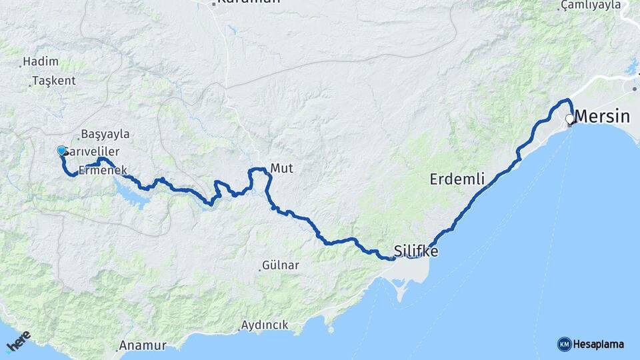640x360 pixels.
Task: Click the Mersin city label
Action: pos(601,117)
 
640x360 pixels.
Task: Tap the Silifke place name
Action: pos(416,251)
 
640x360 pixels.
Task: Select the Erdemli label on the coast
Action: pos(457,179)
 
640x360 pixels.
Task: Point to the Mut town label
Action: pos(281,169)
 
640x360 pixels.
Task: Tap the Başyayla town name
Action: pos(105,134)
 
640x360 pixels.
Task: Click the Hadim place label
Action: pos(41,62)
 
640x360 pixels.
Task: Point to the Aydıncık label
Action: pos(265,325)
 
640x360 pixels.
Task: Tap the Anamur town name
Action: pos(143,346)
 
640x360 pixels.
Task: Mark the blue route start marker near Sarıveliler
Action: pos(61,151)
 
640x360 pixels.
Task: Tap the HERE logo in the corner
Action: pos(18,341)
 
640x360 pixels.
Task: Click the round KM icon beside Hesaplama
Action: pos(564,344)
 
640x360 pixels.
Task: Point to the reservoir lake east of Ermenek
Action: pos(133,193)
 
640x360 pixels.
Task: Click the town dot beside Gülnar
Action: pos(260,269)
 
